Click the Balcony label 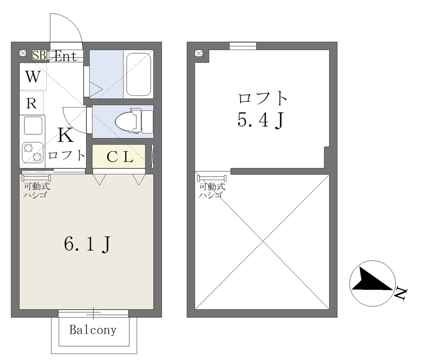93,330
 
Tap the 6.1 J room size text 88,244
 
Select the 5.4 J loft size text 261,120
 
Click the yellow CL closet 119,156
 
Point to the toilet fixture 134,121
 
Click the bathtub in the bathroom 138,74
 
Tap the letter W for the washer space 33,77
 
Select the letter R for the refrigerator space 31,103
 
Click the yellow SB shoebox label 40,55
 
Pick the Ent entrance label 66,56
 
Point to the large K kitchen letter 66,135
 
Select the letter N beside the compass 400,294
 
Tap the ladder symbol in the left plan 36,178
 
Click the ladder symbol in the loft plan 212,178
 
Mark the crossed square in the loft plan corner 199,53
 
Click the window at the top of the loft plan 243,46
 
